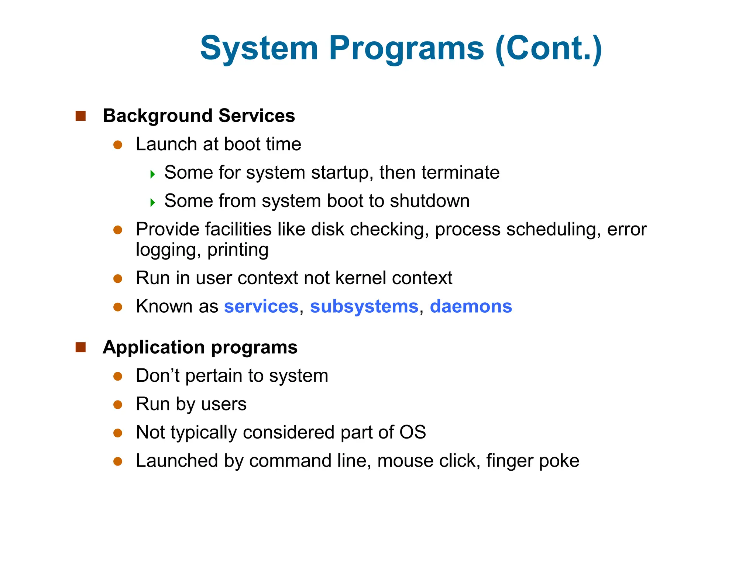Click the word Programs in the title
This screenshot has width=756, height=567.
click(x=406, y=49)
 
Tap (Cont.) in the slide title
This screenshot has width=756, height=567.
click(x=549, y=49)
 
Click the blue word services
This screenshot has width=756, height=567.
click(x=261, y=306)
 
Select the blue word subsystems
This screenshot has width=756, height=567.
click(x=364, y=306)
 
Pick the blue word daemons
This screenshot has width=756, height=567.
click(x=471, y=306)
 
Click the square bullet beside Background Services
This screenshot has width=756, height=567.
click(x=80, y=116)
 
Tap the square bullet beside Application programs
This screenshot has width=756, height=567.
click(x=80, y=347)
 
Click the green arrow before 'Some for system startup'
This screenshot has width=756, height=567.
click(x=152, y=174)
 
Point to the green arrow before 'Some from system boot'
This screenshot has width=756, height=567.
click(x=152, y=202)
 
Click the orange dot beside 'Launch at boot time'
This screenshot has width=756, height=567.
click(x=118, y=145)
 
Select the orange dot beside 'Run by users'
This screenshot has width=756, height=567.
click(x=118, y=405)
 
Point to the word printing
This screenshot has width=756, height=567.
click(x=238, y=250)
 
